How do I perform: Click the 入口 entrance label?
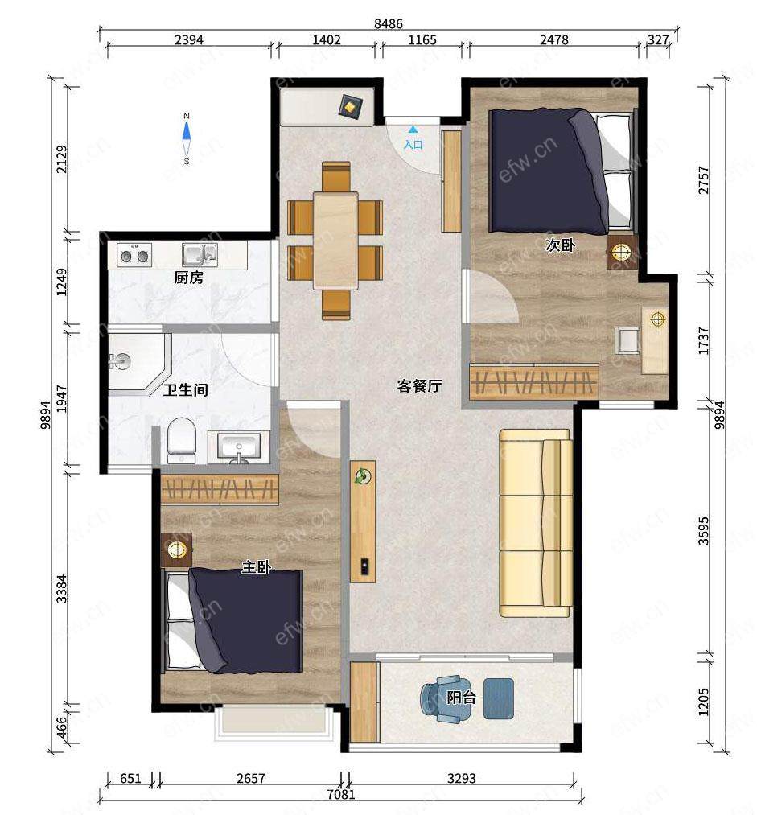pos(413,145)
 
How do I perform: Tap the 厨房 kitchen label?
pos(188,278)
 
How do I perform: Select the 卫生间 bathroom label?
pos(186,389)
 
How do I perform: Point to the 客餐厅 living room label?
pos(419,385)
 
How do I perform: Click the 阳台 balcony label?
pos(462,697)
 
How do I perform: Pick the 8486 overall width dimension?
pos(388,23)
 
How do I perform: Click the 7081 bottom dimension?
pos(341,794)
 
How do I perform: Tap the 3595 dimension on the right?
pos(703,530)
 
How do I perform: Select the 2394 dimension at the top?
pos(188,39)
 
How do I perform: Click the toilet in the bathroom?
pos(181,441)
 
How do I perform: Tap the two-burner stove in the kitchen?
pos(134,255)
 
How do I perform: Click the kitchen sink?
pos(200,254)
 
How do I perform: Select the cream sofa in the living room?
pos(536,524)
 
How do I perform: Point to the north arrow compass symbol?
pos(187,138)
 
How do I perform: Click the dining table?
pos(335,241)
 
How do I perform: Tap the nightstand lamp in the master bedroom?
pos(177,549)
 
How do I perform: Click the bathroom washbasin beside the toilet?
pos(238,447)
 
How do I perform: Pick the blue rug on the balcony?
pos(499,698)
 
